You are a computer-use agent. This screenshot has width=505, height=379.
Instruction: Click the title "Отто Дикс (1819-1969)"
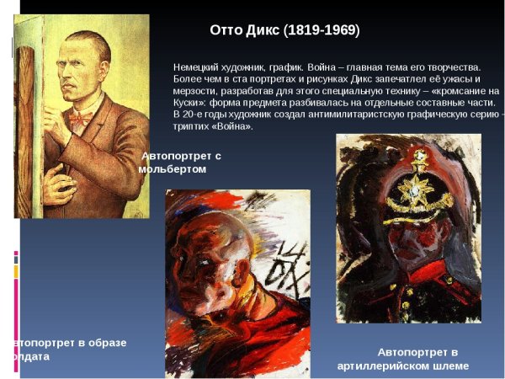click(284, 30)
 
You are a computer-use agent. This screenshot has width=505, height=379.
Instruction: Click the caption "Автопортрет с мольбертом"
click(180, 162)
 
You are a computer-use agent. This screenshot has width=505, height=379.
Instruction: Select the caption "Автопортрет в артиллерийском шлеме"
click(402, 358)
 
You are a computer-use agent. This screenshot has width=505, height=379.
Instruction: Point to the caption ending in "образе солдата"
click(67, 349)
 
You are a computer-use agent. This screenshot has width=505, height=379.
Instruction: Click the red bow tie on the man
click(81, 119)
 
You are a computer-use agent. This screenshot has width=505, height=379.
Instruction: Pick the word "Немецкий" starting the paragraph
click(197, 67)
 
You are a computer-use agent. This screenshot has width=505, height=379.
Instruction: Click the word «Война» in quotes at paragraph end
click(233, 126)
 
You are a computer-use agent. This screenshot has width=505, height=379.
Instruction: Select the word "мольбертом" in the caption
click(172, 168)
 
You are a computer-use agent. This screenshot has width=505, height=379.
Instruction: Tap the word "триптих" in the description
click(194, 126)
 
